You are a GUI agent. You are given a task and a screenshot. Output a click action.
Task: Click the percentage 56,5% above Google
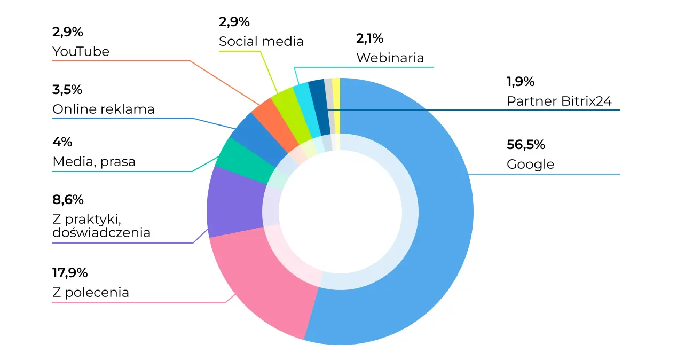[525, 145]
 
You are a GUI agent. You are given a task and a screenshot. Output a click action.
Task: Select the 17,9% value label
[69, 273]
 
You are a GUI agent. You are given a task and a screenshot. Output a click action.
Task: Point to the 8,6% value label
[68, 200]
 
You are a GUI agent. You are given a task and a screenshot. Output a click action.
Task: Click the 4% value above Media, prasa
[62, 142]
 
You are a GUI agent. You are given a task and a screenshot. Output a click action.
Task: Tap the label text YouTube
[81, 51]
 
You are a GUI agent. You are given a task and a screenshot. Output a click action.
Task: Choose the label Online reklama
[103, 109]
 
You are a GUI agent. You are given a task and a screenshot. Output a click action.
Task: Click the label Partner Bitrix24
[559, 101]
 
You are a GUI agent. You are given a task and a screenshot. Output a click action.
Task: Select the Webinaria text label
[390, 58]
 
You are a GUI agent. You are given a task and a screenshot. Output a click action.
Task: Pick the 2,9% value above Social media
[234, 22]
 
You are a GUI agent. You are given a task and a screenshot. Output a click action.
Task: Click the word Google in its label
[530, 164]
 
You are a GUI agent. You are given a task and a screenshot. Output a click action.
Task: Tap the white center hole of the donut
[340, 212]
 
